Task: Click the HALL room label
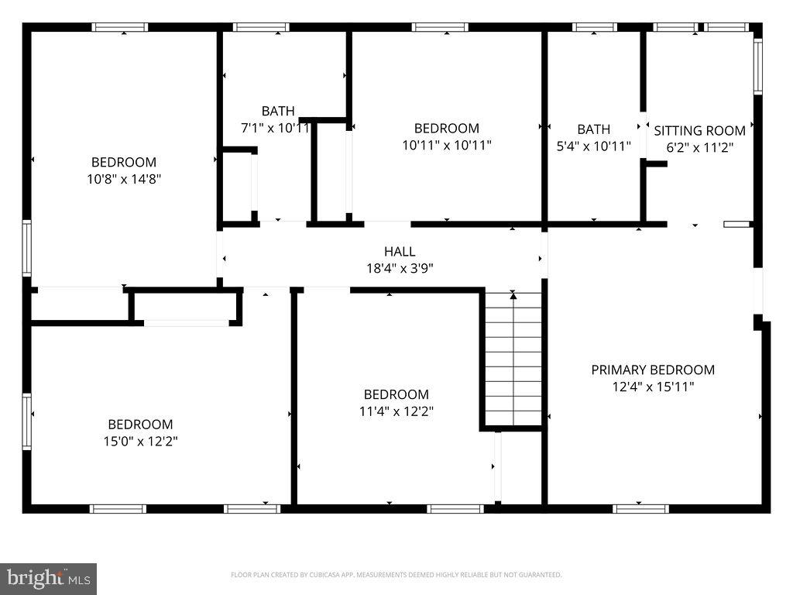(x=400, y=252)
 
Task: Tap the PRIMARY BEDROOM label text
(x=653, y=370)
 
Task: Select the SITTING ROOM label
(x=699, y=131)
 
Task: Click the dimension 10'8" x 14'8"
(x=124, y=179)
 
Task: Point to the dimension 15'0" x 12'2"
(x=140, y=442)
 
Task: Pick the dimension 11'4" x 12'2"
(x=396, y=411)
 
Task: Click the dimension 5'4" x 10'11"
(x=593, y=146)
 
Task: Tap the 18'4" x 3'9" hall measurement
(x=400, y=268)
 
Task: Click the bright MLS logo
(x=48, y=578)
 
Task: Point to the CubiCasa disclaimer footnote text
(x=396, y=575)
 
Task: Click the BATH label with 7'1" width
(x=277, y=111)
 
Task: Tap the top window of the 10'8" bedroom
(x=120, y=27)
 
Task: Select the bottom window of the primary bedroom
(x=640, y=509)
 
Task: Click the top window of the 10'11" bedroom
(x=440, y=27)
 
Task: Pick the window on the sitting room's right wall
(x=758, y=67)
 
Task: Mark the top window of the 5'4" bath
(x=594, y=27)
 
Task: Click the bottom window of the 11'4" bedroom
(x=445, y=509)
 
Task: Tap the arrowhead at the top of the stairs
(x=513, y=295)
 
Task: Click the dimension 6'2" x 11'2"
(x=699, y=146)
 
